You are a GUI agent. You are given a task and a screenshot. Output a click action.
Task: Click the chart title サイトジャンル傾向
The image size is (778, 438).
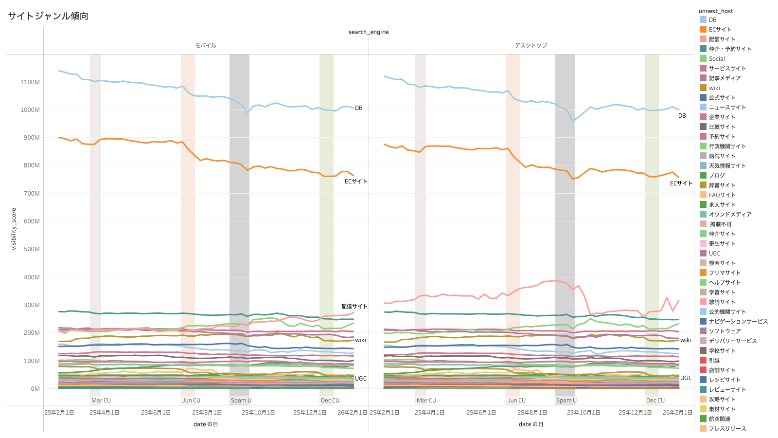[48, 16]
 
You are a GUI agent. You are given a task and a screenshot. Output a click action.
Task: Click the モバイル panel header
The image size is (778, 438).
[206, 46]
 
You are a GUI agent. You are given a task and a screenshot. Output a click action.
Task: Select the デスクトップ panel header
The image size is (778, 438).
[531, 46]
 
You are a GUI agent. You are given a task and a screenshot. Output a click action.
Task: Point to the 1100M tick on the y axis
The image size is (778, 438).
[30, 82]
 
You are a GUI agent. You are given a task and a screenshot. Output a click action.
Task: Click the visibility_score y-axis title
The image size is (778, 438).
[14, 229]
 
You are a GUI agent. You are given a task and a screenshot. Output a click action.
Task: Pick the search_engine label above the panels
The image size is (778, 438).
[369, 32]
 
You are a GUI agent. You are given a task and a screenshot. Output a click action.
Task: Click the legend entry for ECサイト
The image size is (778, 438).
[720, 30]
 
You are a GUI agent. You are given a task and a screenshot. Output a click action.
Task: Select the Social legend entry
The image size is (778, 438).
[717, 59]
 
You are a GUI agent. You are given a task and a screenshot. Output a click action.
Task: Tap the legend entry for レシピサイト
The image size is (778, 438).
[725, 380]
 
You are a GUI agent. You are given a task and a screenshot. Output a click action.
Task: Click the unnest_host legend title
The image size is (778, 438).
[716, 11]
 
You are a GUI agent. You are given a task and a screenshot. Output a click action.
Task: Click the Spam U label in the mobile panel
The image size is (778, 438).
[241, 401]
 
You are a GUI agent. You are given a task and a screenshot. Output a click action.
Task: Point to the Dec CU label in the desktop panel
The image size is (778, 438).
[655, 401]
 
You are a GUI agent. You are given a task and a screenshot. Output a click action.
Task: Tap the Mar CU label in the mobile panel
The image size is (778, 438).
[101, 401]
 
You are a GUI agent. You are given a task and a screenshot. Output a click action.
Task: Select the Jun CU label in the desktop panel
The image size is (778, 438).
[517, 401]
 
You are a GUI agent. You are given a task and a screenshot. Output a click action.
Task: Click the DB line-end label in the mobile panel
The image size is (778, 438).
[359, 108]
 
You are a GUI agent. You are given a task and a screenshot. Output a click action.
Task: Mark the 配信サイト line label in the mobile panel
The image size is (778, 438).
[354, 307]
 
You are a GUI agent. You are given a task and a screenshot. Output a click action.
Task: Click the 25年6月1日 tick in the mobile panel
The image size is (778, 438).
[156, 413]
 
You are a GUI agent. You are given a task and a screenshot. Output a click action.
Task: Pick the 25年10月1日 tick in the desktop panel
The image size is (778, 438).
[583, 413]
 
